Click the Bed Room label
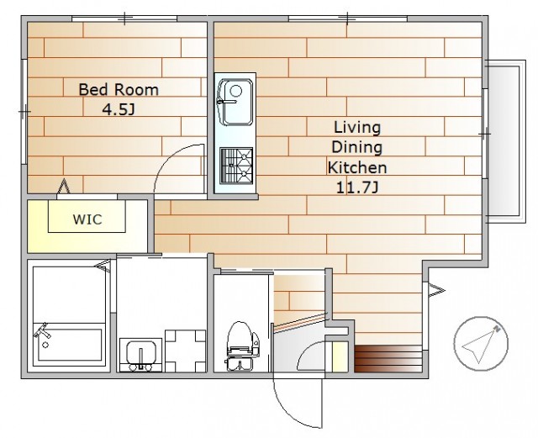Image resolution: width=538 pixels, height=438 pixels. (x=119, y=90)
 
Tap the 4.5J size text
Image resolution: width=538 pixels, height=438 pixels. (x=119, y=109)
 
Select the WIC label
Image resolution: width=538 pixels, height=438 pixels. (x=87, y=219)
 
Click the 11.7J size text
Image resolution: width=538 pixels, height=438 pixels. (x=356, y=187)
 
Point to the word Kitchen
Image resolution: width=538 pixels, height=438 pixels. (x=357, y=167)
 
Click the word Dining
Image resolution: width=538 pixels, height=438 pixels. (x=356, y=148)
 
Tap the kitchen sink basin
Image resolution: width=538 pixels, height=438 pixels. (x=235, y=102)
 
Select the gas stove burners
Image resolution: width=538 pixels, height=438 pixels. (x=236, y=165)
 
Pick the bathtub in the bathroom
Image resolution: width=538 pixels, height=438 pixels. (x=69, y=344)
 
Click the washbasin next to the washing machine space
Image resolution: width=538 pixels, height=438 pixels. (x=140, y=355)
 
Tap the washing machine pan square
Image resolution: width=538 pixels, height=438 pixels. (x=185, y=351)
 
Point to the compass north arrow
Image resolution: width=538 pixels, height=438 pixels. (x=480, y=345)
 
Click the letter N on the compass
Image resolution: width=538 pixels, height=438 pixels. (x=497, y=329)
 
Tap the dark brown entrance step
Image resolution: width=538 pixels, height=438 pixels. (x=388, y=359)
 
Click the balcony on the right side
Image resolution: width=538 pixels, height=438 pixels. (x=506, y=141)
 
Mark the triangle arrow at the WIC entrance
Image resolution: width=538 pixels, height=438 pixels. (x=64, y=187)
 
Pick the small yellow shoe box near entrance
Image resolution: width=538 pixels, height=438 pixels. (x=340, y=356)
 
